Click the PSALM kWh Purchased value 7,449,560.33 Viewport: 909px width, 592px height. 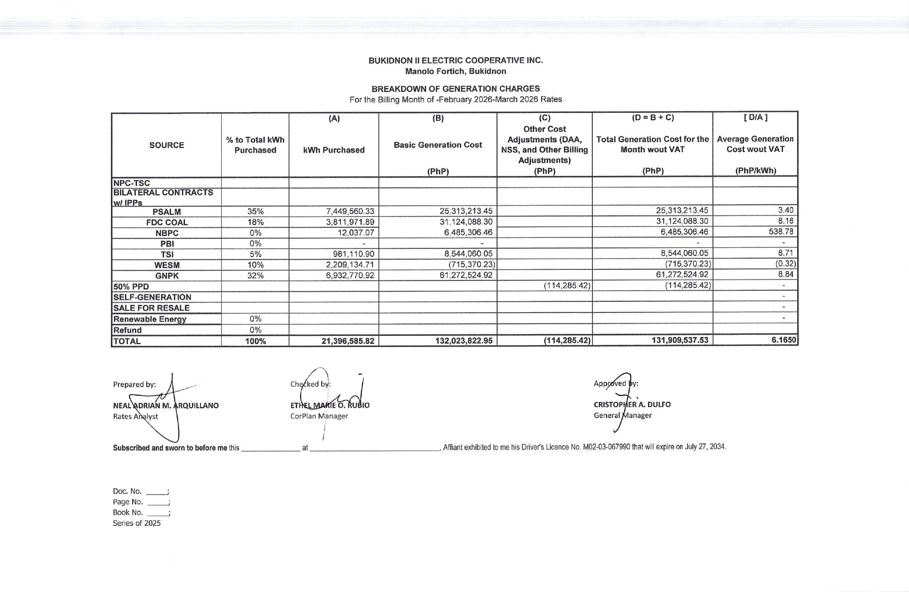pos(350,211)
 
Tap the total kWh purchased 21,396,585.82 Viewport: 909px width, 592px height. pos(348,341)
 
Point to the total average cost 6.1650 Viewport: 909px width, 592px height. pos(783,340)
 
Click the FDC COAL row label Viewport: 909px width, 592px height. pos(167,223)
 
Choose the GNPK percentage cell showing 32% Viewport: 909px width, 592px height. pos(255,276)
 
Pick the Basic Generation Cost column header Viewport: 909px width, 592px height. pos(438,145)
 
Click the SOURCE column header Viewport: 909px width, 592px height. pos(167,145)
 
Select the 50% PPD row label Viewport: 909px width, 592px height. pos(131,286)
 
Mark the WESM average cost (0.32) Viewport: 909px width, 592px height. pos(785,264)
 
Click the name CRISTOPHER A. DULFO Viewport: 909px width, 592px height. pos(632,404)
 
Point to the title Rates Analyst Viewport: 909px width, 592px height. pos(135,417)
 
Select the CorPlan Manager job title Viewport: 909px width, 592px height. pos(319,416)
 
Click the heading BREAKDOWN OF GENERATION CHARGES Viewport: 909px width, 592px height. pos(455,89)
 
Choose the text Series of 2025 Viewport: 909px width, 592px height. pos(137,523)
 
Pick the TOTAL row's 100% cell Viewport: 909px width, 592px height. pos(255,341)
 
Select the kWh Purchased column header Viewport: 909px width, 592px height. pos(334,150)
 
